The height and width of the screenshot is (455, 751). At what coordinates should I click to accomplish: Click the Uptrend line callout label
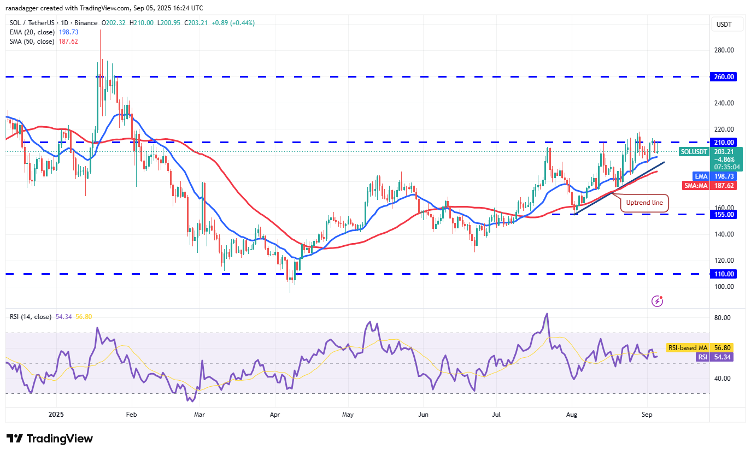(644, 203)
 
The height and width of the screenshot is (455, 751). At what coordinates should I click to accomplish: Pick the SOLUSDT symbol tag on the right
(694, 151)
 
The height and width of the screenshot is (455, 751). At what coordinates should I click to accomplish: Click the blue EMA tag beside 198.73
(701, 176)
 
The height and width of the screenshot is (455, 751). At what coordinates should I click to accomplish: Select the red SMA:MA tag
(696, 185)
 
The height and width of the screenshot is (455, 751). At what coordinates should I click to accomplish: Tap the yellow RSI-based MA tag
(687, 347)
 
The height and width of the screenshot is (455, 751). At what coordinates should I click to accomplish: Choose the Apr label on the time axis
(275, 415)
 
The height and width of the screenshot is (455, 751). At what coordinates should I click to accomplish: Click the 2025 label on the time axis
(56, 415)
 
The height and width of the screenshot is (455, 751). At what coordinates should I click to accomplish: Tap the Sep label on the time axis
(647, 415)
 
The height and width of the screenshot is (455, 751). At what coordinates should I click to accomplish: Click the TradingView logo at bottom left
(50, 439)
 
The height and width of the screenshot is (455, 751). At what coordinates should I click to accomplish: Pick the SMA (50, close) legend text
(32, 42)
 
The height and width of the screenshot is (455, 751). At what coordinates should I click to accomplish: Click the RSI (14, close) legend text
(31, 317)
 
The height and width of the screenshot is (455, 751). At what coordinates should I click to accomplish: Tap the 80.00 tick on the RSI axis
(723, 318)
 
